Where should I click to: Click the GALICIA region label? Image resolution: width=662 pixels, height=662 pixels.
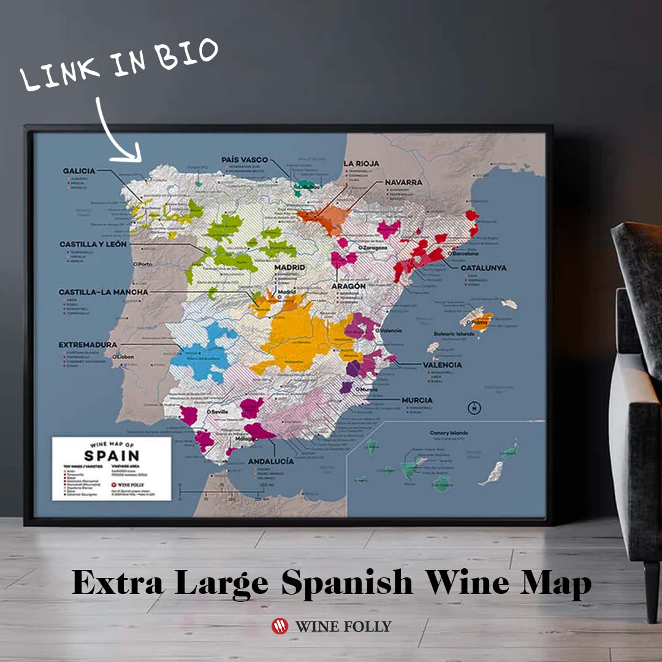[79, 170]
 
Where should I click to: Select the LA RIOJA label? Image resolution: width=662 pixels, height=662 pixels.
[361, 164]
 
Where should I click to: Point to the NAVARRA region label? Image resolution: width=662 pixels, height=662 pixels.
[403, 183]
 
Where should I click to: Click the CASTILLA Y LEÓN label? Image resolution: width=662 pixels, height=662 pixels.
[93, 244]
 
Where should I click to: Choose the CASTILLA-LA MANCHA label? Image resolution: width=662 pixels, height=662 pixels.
[104, 292]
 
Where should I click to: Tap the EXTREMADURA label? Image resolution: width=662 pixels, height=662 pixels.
[88, 345]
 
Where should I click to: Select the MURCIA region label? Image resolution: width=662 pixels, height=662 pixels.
[417, 400]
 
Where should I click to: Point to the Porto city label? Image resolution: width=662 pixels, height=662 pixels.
[144, 265]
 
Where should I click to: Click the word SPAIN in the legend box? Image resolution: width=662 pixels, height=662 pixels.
[112, 455]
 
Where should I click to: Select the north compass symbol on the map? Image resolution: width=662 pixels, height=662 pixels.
[474, 408]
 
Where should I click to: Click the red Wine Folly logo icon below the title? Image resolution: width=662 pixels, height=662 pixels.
[280, 626]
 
